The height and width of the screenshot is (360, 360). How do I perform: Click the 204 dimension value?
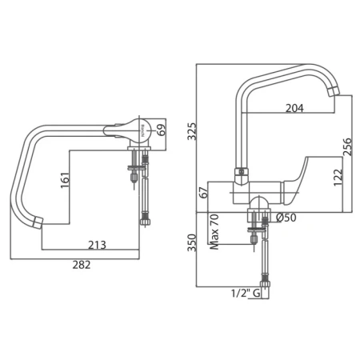pyautogui.click(x=294, y=108)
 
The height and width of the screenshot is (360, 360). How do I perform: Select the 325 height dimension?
pyautogui.click(x=192, y=131)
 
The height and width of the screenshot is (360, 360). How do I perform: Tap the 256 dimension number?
pyautogui.click(x=347, y=146)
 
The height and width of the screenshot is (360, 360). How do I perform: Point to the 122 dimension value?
pyautogui.click(x=338, y=178)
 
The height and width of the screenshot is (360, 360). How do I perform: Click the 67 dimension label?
pyautogui.click(x=204, y=193)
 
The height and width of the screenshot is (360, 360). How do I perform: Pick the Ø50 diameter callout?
pyautogui.click(x=286, y=218)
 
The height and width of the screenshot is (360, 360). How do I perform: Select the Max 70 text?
pyautogui.click(x=214, y=232)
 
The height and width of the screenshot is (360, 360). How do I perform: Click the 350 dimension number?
pyautogui.click(x=192, y=242)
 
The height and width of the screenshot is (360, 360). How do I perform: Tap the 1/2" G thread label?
pyautogui.click(x=246, y=294)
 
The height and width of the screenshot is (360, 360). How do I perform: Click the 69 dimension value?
pyautogui.click(x=161, y=130)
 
